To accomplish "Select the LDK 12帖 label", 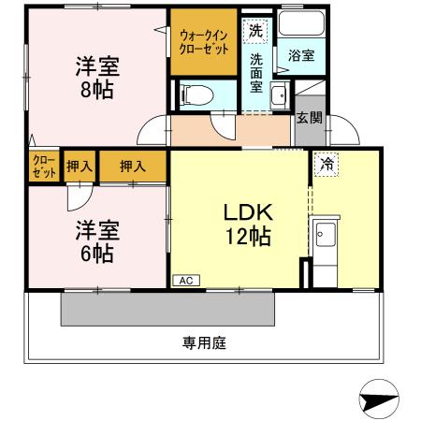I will pyautogui.click(x=247, y=225).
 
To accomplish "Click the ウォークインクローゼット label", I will pyautogui.click(x=203, y=42).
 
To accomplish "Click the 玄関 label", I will pyautogui.click(x=310, y=118).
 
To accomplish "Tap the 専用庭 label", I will pyautogui.click(x=204, y=342).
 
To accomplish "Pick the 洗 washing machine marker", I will pyautogui.click(x=255, y=30).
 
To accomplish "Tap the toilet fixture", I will pyautogui.click(x=194, y=93).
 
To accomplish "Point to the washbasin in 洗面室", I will pyautogui.click(x=278, y=93).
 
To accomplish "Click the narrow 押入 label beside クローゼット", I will pyautogui.click(x=79, y=167).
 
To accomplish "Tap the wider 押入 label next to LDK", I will pyautogui.click(x=133, y=167).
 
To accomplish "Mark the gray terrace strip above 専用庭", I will pyautogui.click(x=168, y=308).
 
